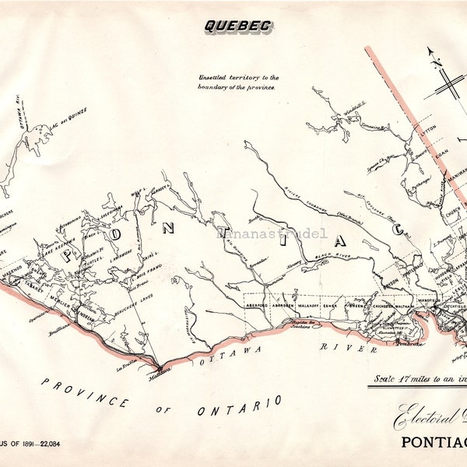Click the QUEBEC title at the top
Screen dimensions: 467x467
coord(237,26)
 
